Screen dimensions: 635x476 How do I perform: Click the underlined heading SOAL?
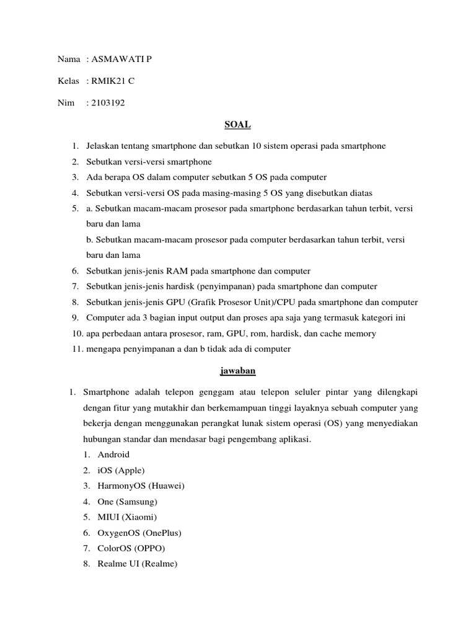[x=237, y=125]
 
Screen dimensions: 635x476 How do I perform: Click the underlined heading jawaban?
[x=237, y=371]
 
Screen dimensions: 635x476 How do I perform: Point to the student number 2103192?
[x=108, y=103]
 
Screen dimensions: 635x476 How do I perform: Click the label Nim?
[x=65, y=103]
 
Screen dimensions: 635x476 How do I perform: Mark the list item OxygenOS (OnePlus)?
[x=139, y=533]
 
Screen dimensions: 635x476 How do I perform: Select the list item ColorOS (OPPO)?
[x=131, y=548]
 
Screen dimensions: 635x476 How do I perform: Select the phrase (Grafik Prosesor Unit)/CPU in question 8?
[x=242, y=302]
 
